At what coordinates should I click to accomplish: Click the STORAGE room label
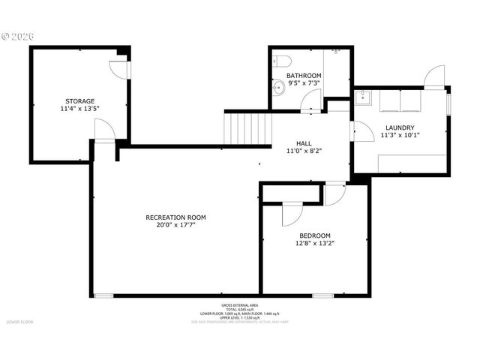79,100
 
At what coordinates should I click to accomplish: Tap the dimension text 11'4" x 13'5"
79,109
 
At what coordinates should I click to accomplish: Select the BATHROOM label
304,76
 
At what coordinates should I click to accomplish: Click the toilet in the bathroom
280,61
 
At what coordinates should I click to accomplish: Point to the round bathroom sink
277,87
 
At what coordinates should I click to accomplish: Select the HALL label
304,142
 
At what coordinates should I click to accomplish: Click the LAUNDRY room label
400,127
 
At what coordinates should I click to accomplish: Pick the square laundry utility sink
364,96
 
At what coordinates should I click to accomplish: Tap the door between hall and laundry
363,130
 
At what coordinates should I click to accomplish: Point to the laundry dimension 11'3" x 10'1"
400,136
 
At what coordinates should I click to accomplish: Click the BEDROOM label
315,235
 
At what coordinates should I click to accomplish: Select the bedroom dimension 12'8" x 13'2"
315,243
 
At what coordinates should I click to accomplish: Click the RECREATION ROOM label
175,217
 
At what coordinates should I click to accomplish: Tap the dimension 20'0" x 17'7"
175,225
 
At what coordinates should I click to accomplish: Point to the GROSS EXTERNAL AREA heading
240,305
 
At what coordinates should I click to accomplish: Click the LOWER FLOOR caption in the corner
20,322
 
